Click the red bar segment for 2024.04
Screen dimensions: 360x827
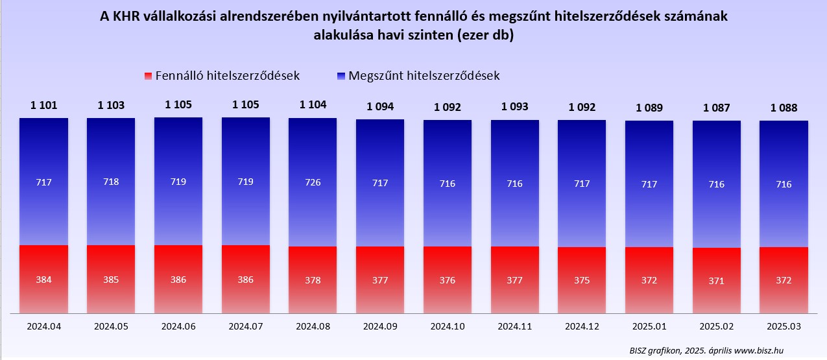[43, 279]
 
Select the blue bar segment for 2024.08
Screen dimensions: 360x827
[313, 182]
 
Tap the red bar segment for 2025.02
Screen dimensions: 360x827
[716, 280]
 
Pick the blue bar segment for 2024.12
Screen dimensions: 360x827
[582, 184]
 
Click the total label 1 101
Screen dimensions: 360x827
[43, 104]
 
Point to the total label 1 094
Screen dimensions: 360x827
[380, 106]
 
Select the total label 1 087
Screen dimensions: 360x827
[717, 108]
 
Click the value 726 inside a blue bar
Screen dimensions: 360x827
[313, 182]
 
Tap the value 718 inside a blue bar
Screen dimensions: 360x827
[111, 182]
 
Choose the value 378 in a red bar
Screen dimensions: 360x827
[313, 280]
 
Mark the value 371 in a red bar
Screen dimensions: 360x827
[717, 281]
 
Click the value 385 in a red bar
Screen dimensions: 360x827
[111, 280]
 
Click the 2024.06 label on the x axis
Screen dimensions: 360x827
[178, 327]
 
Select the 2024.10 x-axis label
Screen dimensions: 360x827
[448, 327]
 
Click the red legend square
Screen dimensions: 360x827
[148, 76]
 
